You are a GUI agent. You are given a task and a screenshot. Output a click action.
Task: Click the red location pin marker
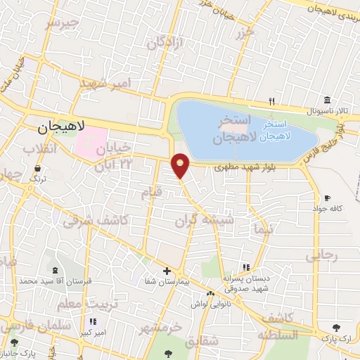click(x=181, y=165)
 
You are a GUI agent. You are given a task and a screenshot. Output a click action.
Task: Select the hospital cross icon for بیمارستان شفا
click(x=167, y=271)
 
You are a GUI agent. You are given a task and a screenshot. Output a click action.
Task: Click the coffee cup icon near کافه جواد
click(x=327, y=198)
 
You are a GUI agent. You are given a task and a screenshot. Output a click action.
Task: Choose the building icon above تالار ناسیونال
click(x=327, y=101)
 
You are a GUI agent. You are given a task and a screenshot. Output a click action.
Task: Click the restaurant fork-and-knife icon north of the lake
click(x=271, y=101)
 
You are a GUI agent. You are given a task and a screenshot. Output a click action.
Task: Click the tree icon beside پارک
click(x=336, y=328)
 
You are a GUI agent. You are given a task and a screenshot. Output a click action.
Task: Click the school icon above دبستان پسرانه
click(x=246, y=266)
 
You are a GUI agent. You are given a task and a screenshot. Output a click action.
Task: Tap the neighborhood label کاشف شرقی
click(x=96, y=221)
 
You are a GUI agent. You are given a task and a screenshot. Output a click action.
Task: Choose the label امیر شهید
click(x=105, y=84)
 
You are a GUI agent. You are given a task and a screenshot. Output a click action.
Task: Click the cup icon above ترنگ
click(x=36, y=169)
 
